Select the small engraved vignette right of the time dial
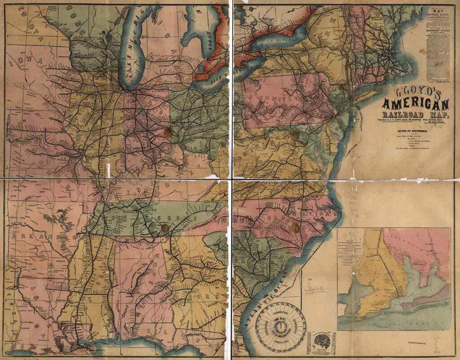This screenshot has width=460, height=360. (320, 342)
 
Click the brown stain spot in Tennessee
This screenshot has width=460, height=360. (165, 228)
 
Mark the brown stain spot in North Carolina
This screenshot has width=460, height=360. (294, 227)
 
